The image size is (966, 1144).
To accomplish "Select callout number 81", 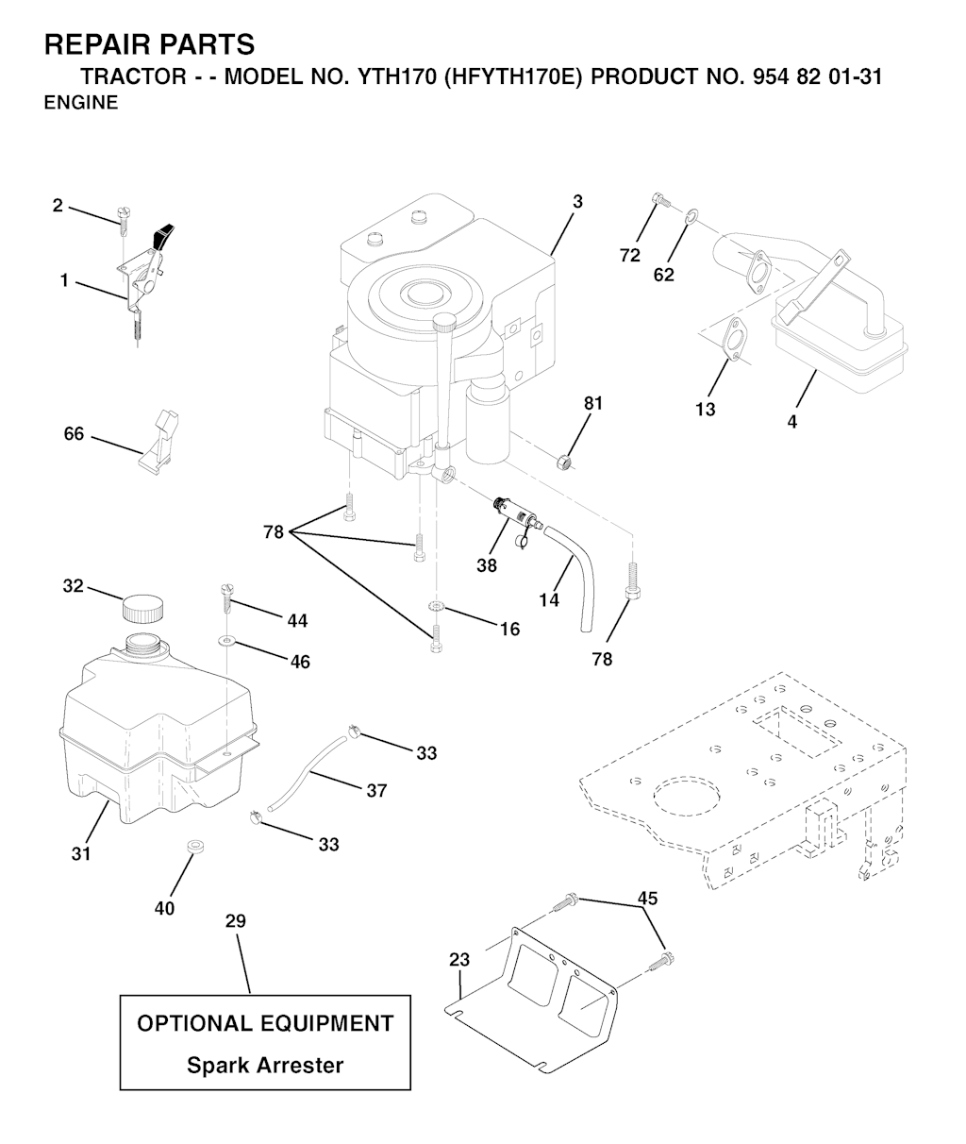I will (x=593, y=404).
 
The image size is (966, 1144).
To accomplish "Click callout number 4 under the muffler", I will (x=792, y=422).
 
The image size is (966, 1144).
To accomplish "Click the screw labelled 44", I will (x=225, y=596).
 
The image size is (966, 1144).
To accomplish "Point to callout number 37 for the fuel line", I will (x=376, y=791).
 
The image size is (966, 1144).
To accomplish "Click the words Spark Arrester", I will (x=265, y=1066).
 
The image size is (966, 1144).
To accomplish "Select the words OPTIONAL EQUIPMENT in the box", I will (x=265, y=1023).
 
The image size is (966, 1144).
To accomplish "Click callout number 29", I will (x=235, y=921).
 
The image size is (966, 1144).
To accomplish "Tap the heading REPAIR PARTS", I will (x=149, y=44).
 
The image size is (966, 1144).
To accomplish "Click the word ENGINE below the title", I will (x=81, y=104).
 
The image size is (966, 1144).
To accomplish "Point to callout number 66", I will (x=74, y=434).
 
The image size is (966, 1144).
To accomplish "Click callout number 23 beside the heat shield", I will (x=458, y=960).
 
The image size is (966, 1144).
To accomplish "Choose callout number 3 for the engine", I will (x=577, y=201).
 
